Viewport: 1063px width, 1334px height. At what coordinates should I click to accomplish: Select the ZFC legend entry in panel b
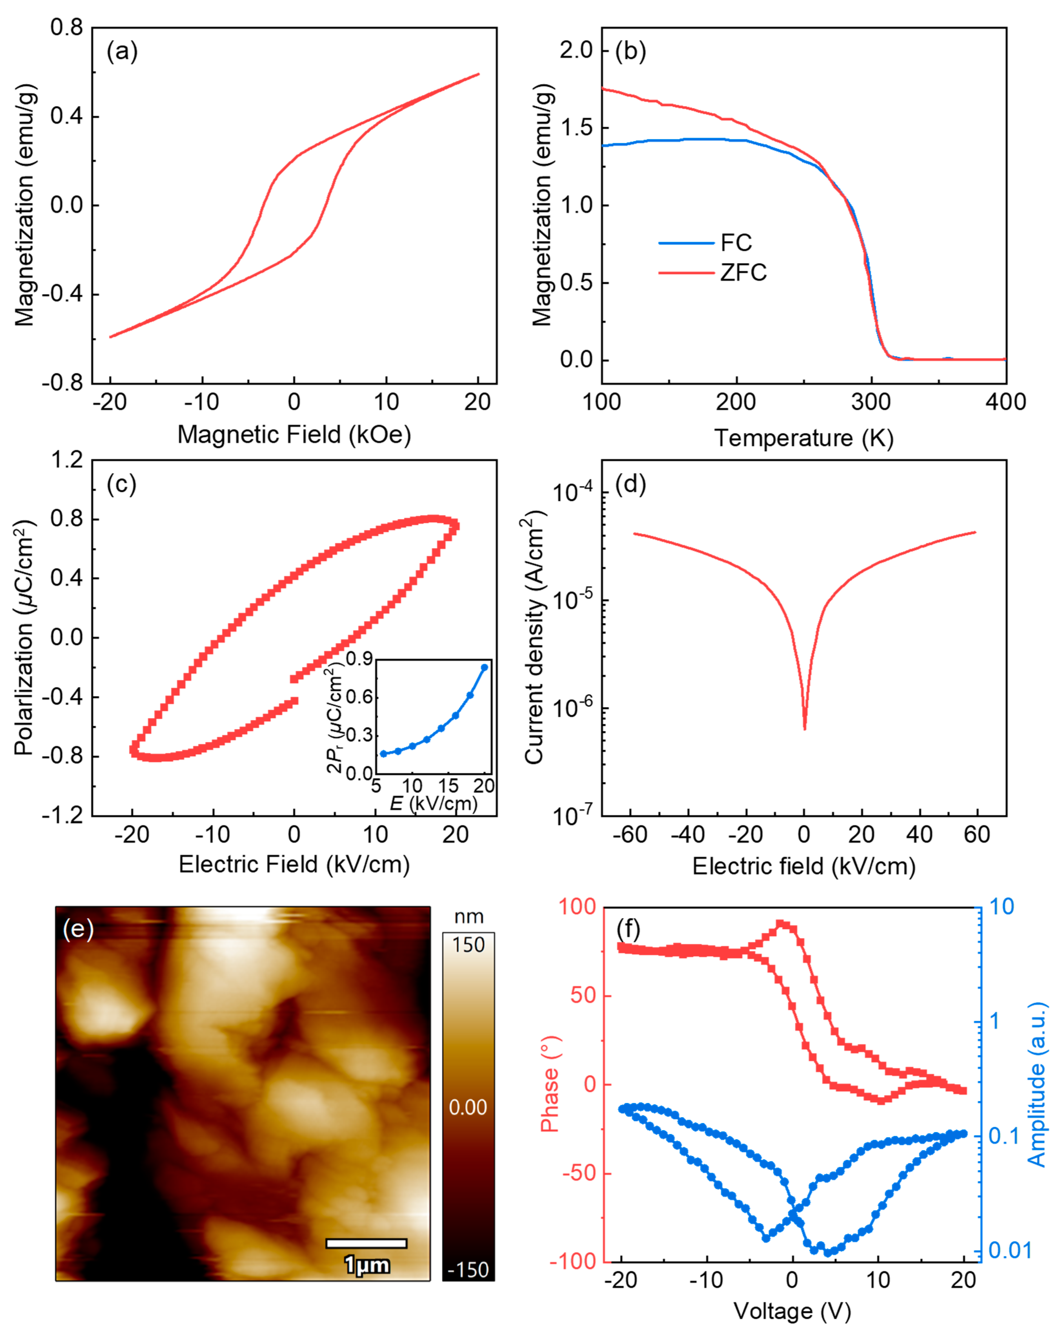point(743,272)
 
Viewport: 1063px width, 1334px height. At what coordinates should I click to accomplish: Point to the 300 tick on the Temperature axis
point(871,402)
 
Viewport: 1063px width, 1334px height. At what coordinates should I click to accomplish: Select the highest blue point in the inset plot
point(485,667)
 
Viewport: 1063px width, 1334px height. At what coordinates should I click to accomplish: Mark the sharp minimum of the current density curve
point(804,728)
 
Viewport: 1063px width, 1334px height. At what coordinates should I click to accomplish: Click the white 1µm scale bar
point(366,1244)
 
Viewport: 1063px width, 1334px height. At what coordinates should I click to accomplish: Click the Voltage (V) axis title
point(792,1310)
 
